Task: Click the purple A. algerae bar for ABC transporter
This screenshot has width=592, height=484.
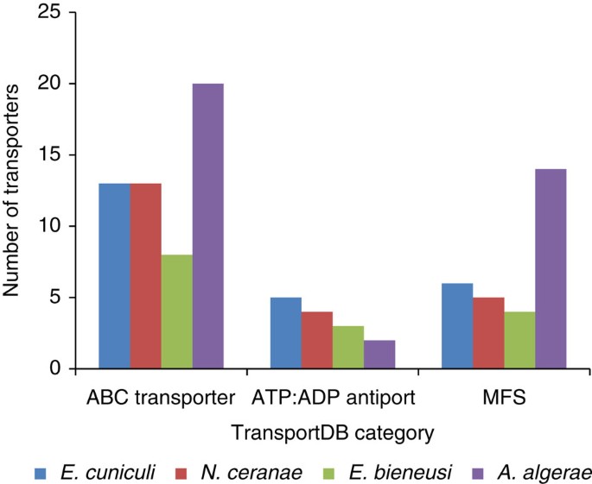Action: (x=207, y=227)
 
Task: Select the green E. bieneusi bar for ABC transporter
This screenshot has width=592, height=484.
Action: (x=176, y=312)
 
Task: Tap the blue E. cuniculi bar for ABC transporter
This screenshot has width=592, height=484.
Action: (x=115, y=276)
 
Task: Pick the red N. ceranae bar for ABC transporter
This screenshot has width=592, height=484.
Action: (x=145, y=276)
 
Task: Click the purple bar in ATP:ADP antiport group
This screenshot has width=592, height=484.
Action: (x=379, y=355)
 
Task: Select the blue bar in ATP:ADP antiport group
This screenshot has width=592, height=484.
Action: (x=286, y=333)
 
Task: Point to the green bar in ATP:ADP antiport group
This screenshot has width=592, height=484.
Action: (x=348, y=348)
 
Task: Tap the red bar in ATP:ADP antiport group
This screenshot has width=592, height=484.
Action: (x=317, y=341)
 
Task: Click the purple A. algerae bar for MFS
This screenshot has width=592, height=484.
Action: (x=551, y=269)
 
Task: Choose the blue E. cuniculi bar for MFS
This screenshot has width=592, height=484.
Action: (x=457, y=326)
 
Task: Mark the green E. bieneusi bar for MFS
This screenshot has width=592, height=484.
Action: (x=519, y=341)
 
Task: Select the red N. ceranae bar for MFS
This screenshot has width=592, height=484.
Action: (x=488, y=333)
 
